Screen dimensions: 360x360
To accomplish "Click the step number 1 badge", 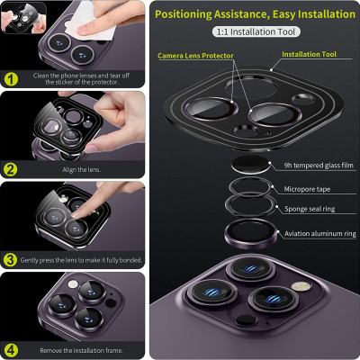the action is click(x=11, y=79).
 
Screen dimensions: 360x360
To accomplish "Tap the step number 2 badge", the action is click(x=11, y=170).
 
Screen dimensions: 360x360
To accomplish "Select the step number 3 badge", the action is click(x=10, y=260).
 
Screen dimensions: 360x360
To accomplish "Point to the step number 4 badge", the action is click(x=11, y=350).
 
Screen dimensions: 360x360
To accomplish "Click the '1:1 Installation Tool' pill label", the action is click(x=256, y=31).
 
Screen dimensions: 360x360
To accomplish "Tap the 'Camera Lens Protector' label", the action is click(x=195, y=56).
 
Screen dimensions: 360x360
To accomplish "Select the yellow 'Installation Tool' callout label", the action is click(x=309, y=54).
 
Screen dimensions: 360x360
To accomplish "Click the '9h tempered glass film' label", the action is click(x=319, y=166).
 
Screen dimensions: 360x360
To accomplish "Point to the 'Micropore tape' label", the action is click(x=307, y=189).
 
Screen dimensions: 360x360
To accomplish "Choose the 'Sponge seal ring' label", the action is click(x=310, y=209).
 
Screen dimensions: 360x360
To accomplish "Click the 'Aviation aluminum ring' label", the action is click(x=320, y=234).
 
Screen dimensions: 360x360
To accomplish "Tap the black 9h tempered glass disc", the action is click(x=251, y=165).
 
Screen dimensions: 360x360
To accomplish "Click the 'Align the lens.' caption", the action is click(x=81, y=170).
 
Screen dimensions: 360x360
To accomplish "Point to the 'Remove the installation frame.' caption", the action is click(x=81, y=350).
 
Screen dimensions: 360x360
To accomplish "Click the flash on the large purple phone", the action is click(x=301, y=286).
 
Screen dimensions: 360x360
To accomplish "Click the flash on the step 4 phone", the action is click(x=72, y=284).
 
